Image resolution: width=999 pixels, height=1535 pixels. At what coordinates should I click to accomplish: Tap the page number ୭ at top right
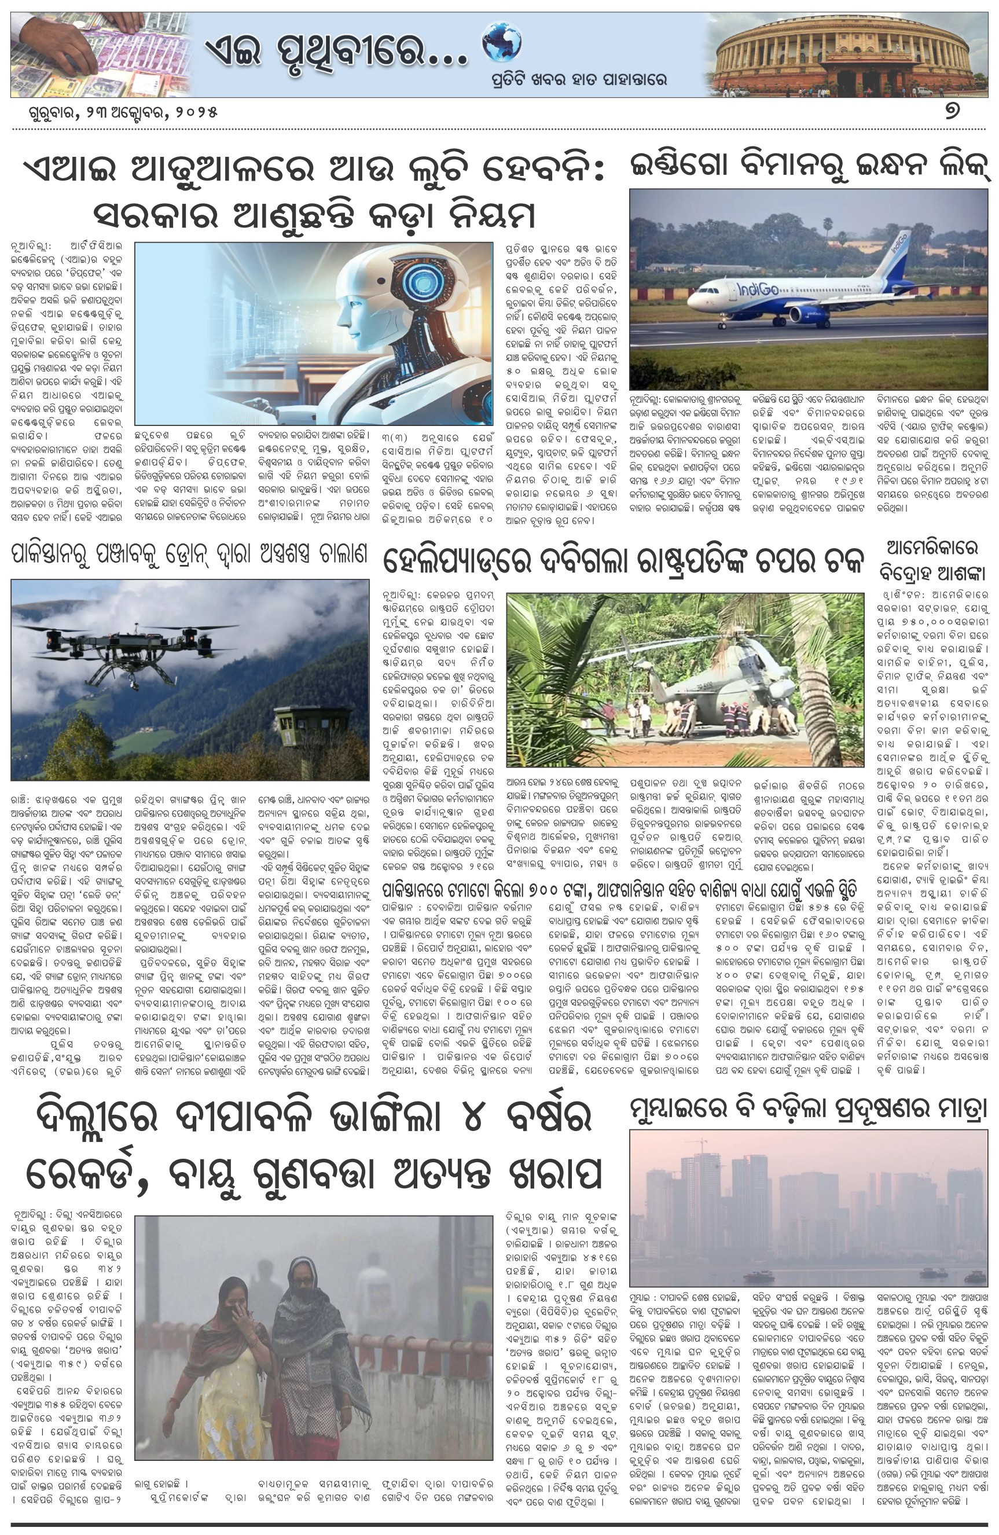(952, 111)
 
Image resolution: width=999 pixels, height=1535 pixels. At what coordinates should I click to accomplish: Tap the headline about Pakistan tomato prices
(619, 891)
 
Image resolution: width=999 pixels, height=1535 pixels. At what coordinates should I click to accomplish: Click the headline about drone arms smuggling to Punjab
(189, 553)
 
